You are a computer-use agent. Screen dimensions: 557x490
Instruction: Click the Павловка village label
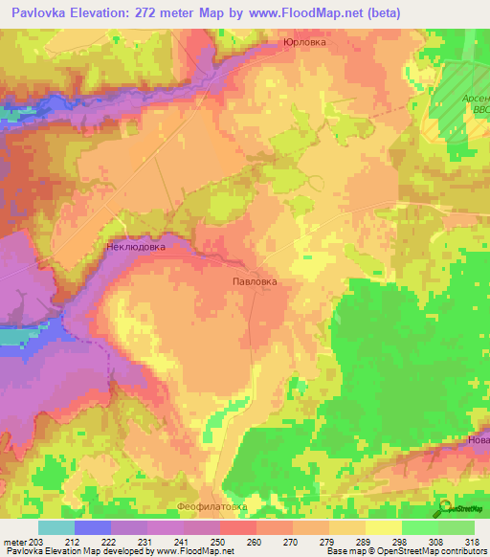(256, 282)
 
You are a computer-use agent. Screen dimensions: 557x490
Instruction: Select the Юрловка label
(304, 42)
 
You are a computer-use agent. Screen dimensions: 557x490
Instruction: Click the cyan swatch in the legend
(56, 527)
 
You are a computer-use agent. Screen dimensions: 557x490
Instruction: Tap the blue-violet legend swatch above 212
(93, 527)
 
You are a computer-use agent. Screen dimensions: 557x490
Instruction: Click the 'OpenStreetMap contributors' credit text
(422, 551)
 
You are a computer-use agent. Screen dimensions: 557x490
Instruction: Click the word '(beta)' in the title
(384, 12)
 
